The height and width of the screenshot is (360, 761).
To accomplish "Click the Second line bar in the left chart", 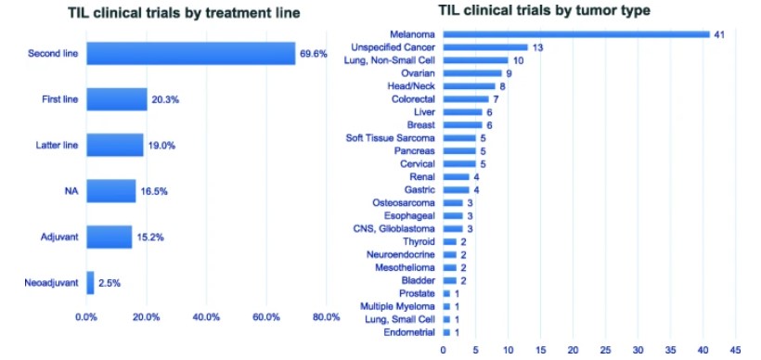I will point(190,54).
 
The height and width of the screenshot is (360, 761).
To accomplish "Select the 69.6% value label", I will point(313,54).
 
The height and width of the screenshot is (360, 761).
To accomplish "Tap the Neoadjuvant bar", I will point(90,282).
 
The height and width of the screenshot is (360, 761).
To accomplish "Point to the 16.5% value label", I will point(155,191).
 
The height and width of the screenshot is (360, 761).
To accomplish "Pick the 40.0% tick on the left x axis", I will point(206,318).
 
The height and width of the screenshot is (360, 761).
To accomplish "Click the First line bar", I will point(117,99).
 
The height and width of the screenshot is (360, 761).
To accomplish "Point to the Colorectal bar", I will point(466,98).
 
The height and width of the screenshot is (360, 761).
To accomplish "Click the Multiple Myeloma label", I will point(398,306).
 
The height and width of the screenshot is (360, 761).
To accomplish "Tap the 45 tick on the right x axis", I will point(736,350).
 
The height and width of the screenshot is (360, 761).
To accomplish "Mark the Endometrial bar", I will point(446,332).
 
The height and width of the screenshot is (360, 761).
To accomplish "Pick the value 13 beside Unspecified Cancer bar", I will point(537,46).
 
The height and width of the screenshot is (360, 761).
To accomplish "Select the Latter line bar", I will point(115,145).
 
